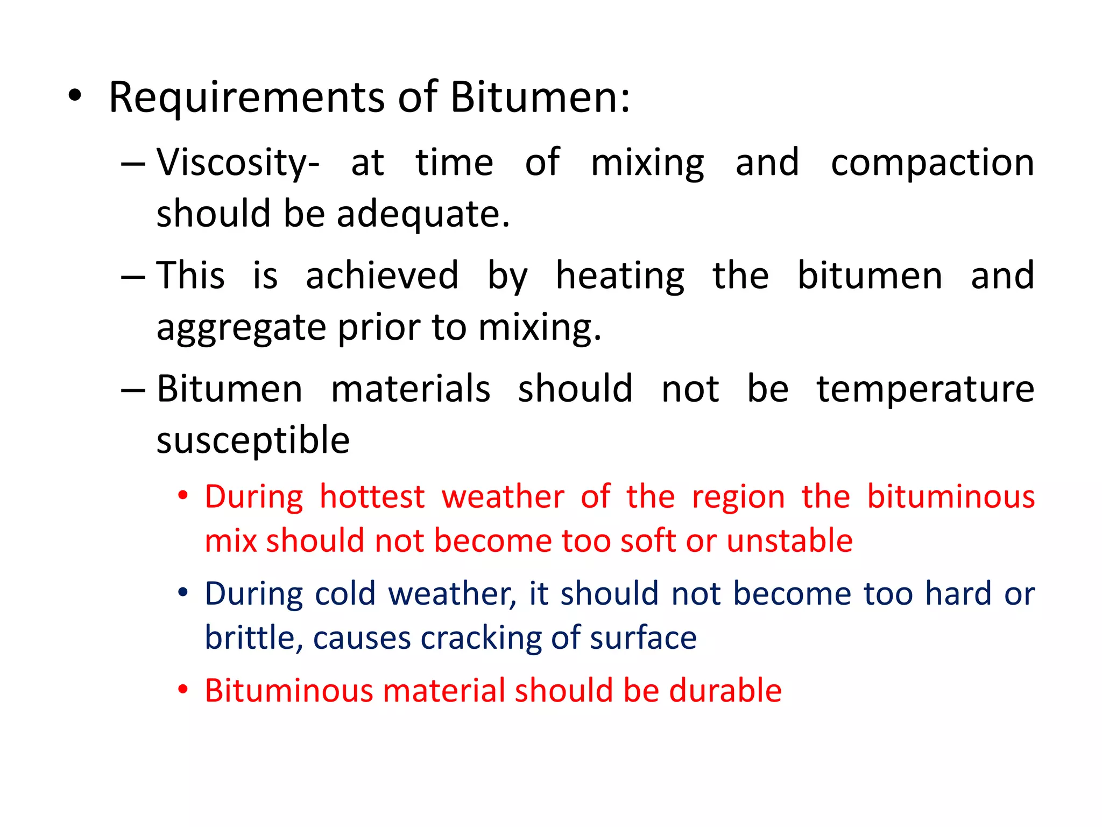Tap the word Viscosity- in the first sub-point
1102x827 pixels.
[238, 163]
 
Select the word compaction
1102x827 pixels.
[932, 163]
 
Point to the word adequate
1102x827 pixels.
[422, 214]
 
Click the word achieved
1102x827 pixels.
[382, 276]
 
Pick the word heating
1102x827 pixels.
[620, 276]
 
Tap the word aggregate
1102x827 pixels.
[241, 328]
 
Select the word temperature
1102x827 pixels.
[925, 389]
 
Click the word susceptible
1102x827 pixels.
[253, 440]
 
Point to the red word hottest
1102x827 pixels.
[372, 496]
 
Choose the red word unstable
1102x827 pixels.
[789, 541]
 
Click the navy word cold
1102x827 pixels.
[344, 594]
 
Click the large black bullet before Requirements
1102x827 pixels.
[75, 97]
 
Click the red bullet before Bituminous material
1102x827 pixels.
[183, 690]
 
